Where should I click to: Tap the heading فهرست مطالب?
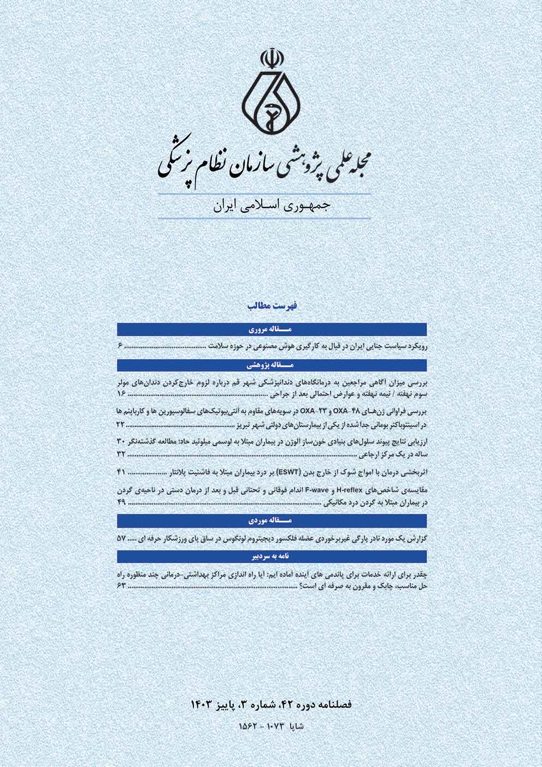point(271,308)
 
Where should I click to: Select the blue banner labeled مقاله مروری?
point(272,330)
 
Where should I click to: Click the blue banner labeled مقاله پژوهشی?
point(272,364)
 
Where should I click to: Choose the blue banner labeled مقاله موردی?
point(272,520)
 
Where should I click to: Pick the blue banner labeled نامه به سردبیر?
point(272,555)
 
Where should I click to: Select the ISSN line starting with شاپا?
point(271,726)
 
